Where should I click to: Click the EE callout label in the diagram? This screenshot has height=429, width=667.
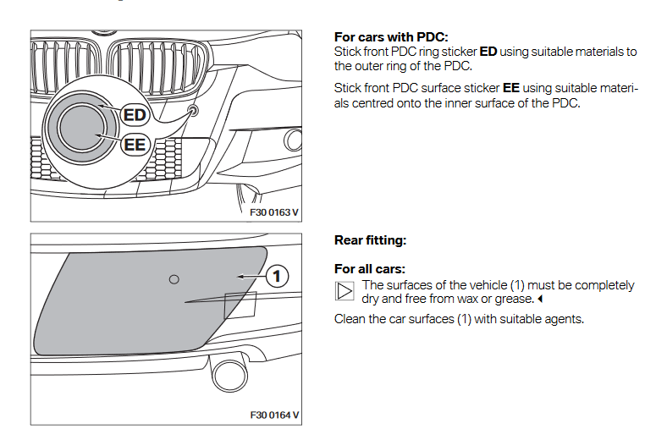click(x=135, y=145)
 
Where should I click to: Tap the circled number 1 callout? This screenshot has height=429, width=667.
click(x=278, y=276)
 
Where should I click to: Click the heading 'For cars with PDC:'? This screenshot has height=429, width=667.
click(x=391, y=38)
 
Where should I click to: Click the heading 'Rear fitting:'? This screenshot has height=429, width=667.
click(x=371, y=241)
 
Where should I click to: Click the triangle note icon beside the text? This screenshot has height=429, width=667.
click(x=344, y=292)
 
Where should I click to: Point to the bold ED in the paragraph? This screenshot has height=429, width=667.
click(x=488, y=52)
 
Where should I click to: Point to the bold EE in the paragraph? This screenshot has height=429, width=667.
click(x=510, y=88)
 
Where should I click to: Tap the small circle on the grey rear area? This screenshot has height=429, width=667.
click(x=174, y=279)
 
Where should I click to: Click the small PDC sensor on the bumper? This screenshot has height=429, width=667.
click(x=194, y=111)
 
